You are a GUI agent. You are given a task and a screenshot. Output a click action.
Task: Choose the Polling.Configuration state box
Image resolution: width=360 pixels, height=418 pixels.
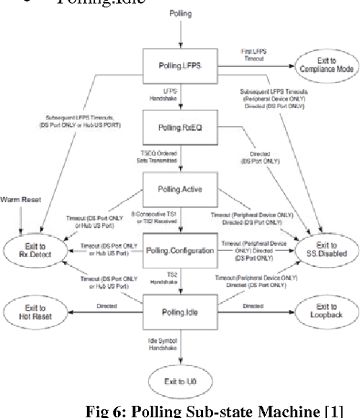[179, 250]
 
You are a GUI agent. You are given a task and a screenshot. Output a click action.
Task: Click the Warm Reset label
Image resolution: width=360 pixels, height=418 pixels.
[20, 196]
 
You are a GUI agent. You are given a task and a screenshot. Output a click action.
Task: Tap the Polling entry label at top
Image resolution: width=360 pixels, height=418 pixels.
[179, 14]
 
